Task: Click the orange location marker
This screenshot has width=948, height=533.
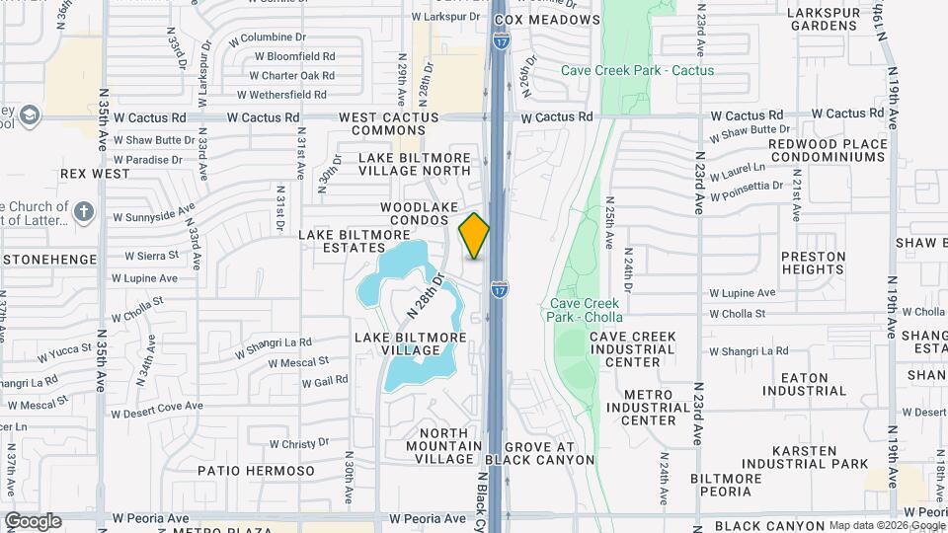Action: pos(474,236)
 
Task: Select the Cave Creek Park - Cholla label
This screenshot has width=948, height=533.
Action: pos(586,310)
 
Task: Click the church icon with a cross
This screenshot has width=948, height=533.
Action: pos(84,211)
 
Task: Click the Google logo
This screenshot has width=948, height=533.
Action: pos(33,520)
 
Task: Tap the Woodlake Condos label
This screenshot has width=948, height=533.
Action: pos(422,214)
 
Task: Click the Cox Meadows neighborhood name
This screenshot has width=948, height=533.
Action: pos(560,20)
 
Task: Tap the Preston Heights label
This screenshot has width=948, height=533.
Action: pos(814,263)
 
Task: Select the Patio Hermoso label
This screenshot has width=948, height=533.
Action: pos(256,471)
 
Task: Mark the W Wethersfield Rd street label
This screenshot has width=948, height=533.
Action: pos(281,95)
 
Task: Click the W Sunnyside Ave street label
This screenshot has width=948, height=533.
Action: pos(153,213)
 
